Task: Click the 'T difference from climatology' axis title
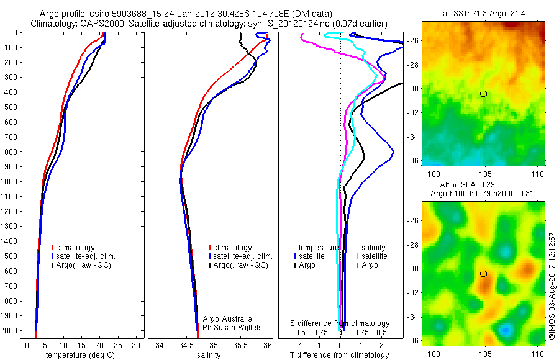pos(340,355)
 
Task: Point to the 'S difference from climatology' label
pos(340,323)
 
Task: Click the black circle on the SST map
pos(483,94)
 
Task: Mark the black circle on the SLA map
pos(483,274)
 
